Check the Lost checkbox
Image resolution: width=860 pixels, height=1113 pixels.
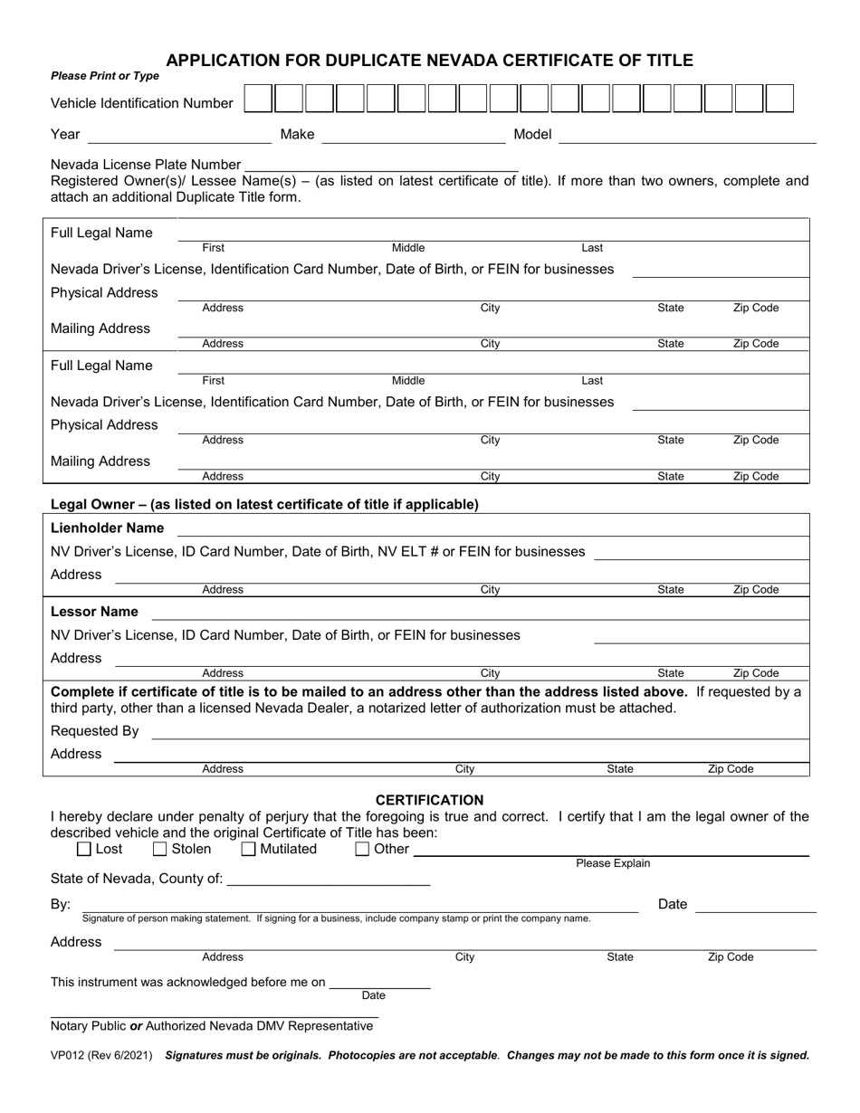85,849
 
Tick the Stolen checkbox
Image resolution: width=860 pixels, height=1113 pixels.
160,849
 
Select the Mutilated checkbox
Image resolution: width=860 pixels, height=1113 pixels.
249,849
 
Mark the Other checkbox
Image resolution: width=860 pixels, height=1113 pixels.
362,849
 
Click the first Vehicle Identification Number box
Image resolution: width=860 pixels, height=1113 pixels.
258,99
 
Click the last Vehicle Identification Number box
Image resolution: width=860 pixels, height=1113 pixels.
779,99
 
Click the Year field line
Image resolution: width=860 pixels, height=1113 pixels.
178,136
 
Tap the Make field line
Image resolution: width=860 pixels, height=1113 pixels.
413,136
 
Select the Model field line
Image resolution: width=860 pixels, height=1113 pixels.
687,136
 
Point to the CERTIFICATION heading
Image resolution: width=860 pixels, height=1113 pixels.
429,800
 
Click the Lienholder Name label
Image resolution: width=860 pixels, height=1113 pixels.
108,528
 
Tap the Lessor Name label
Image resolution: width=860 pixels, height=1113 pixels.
95,612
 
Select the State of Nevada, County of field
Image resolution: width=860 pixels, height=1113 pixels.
328,879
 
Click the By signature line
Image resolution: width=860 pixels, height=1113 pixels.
359,905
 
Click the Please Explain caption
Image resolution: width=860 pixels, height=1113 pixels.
613,863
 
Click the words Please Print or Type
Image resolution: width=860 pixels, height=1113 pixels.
105,76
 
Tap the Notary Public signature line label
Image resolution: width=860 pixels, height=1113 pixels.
212,1026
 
